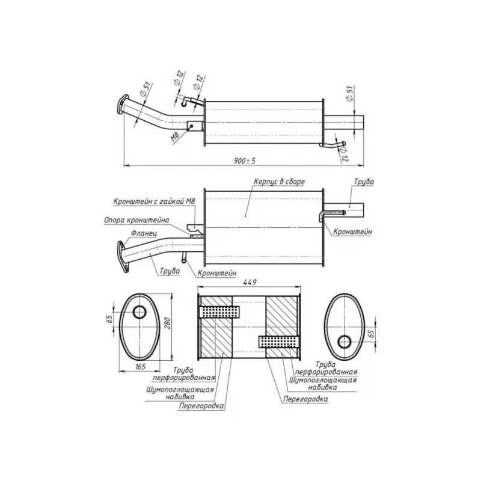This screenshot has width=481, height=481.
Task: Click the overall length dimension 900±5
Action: pyautogui.click(x=245, y=161)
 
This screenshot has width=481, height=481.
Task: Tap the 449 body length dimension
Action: pyautogui.click(x=250, y=282)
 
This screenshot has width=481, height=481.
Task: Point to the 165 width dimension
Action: pyautogui.click(x=140, y=366)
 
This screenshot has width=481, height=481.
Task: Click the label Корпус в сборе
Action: pyautogui.click(x=279, y=182)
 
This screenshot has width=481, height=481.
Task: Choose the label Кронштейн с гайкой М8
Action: pyautogui.click(x=155, y=201)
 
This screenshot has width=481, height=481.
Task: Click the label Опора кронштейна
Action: pyautogui.click(x=136, y=220)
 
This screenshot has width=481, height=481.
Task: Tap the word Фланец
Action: pyautogui.click(x=144, y=233)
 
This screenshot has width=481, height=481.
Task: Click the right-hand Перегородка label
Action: pyautogui.click(x=305, y=399)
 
